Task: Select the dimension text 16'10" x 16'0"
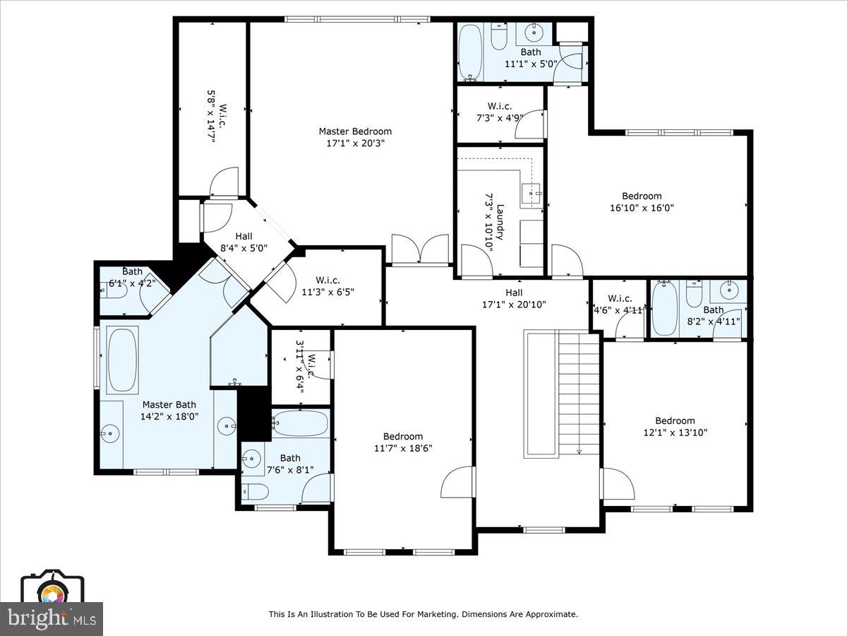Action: click(642, 208)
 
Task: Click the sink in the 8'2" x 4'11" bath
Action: click(728, 289)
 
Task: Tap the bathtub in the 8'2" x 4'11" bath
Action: click(664, 308)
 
